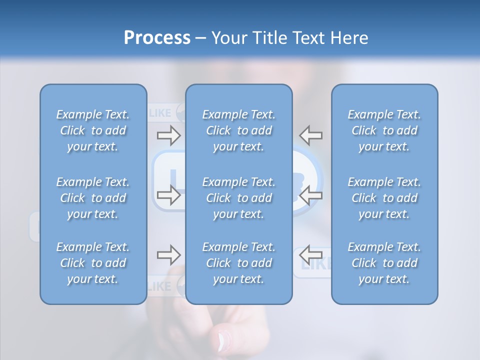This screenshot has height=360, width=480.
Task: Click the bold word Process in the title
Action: tap(157, 38)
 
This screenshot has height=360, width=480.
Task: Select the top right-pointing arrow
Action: tap(168, 134)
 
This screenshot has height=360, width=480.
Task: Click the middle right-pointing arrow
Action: tap(168, 195)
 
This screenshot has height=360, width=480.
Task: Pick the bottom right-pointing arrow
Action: tap(168, 255)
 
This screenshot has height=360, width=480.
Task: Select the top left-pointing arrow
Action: tap(311, 134)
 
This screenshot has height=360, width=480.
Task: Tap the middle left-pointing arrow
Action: tap(311, 195)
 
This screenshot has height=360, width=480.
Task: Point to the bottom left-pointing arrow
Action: tap(311, 255)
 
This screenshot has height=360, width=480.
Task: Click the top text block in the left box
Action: tap(93, 130)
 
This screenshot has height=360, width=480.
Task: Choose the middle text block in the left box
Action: tap(93, 198)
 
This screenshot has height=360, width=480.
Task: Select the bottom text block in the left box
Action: tap(93, 263)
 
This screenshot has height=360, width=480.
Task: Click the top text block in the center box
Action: tap(239, 130)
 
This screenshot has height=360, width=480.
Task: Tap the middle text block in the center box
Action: tap(239, 198)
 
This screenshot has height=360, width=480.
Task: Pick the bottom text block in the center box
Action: tap(239, 263)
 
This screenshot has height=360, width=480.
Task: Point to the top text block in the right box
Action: tap(384, 130)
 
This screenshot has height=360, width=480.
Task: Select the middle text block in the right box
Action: tap(384, 198)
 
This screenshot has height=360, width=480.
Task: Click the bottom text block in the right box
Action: tap(384, 263)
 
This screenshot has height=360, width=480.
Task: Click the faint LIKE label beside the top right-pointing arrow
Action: tap(159, 113)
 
